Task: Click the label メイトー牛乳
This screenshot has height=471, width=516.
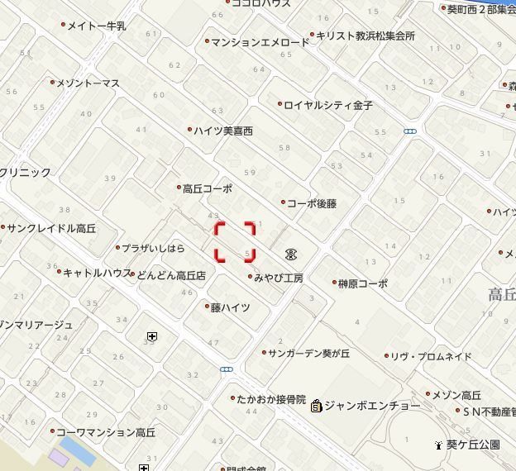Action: (x=96, y=26)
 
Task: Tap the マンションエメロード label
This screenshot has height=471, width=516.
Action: (x=260, y=42)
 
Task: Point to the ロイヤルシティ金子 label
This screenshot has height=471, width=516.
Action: (x=328, y=106)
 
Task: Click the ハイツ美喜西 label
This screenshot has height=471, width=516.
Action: (x=224, y=131)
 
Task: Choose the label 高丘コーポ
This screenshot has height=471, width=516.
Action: (x=208, y=188)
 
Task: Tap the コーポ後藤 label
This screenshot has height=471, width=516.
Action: (x=312, y=203)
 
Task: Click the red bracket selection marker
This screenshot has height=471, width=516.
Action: (x=236, y=241)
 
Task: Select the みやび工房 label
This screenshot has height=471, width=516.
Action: (x=279, y=278)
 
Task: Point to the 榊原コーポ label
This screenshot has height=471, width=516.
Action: (x=362, y=283)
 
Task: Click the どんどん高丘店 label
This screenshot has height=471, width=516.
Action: (x=171, y=275)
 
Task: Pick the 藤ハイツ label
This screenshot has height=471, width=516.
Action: (x=230, y=307)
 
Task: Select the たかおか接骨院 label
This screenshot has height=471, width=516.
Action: (x=271, y=399)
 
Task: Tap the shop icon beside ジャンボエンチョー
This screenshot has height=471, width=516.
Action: (x=316, y=406)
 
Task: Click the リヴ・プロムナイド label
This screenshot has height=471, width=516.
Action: (x=431, y=357)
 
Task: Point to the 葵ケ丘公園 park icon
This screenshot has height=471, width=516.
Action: (x=438, y=445)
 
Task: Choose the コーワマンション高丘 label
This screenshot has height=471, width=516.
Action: (x=106, y=432)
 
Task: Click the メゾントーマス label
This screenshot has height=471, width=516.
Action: (x=88, y=83)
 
